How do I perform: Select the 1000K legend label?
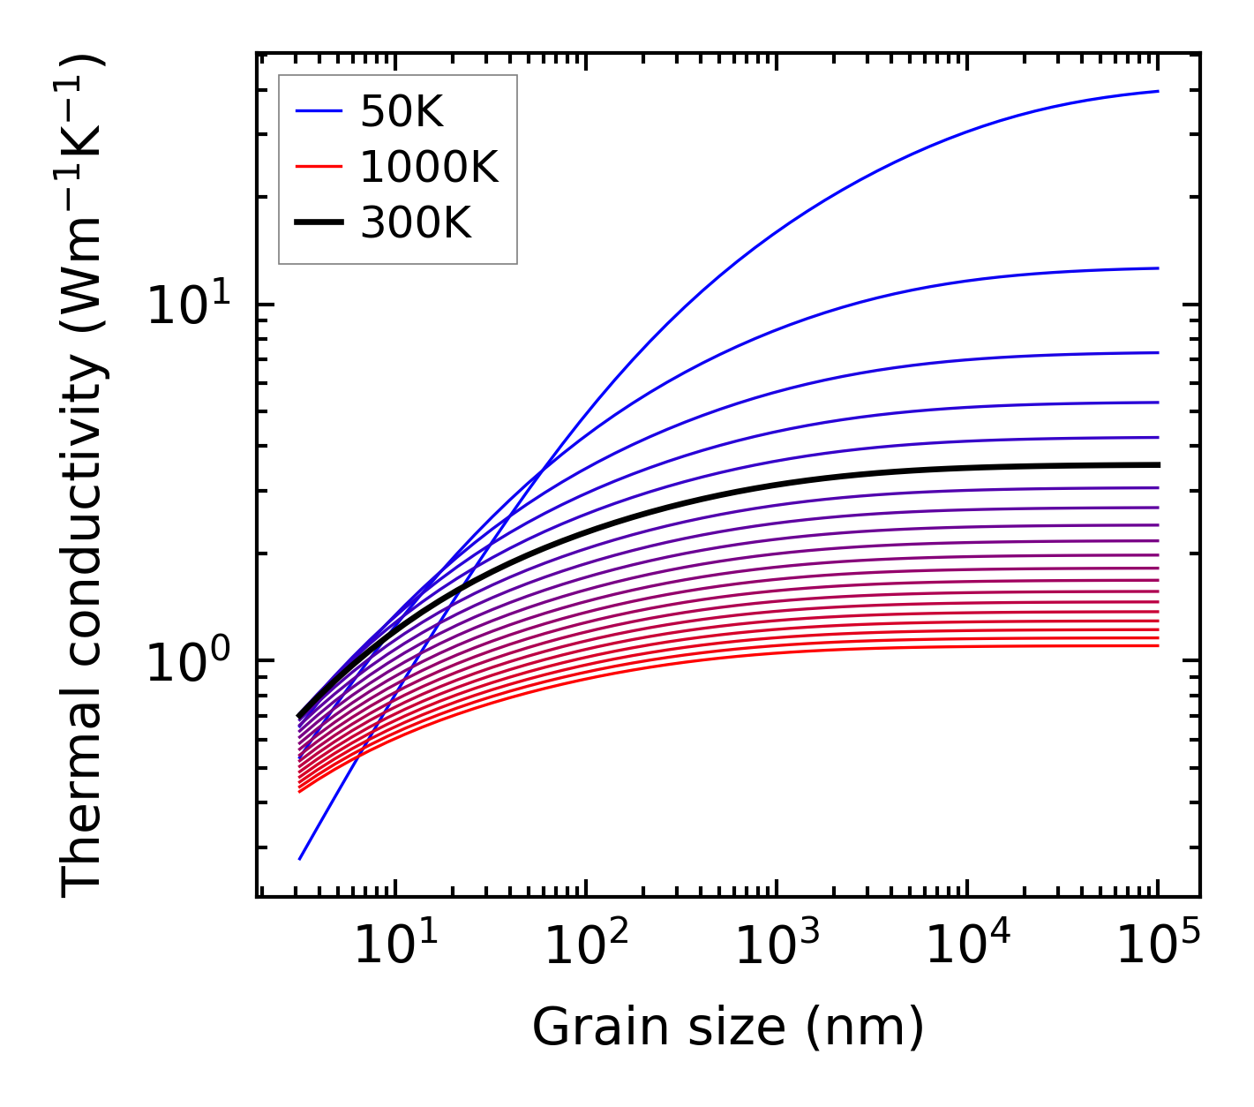coord(430,167)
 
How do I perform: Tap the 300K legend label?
coord(416,223)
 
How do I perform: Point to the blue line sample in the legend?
coord(319,111)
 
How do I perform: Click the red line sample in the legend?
coord(319,167)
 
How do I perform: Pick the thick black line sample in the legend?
coord(319,223)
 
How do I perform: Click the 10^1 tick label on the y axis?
coord(187,306)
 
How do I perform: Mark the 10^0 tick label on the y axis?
coord(187,662)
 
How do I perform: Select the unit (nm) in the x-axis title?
coord(865,1028)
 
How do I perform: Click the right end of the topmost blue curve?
coord(1158,91)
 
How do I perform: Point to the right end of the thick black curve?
coord(1158,464)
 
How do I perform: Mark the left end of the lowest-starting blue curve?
coord(300,858)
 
